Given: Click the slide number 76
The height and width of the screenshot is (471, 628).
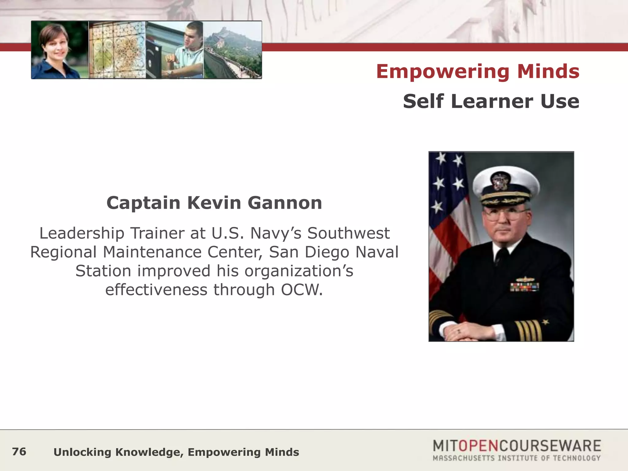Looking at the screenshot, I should pyautogui.click(x=19, y=452).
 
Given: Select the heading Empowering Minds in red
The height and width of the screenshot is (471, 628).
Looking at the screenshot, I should pyautogui.click(x=477, y=71).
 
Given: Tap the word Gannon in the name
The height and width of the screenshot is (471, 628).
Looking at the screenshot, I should pyautogui.click(x=285, y=203).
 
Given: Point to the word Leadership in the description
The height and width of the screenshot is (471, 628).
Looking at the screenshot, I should pyautogui.click(x=82, y=233).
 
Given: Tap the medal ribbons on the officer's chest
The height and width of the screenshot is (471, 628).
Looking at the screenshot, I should pyautogui.click(x=524, y=286).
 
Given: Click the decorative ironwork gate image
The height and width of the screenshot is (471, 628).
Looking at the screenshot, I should pyautogui.click(x=117, y=50).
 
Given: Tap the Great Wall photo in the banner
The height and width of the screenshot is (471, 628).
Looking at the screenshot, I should pyautogui.click(x=233, y=50).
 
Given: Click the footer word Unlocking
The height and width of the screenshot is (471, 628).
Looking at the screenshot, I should pyautogui.click(x=82, y=452).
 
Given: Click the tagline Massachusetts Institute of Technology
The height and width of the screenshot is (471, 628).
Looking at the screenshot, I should pyautogui.click(x=516, y=458).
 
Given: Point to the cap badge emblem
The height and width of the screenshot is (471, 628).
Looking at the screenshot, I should pyautogui.click(x=500, y=181).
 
